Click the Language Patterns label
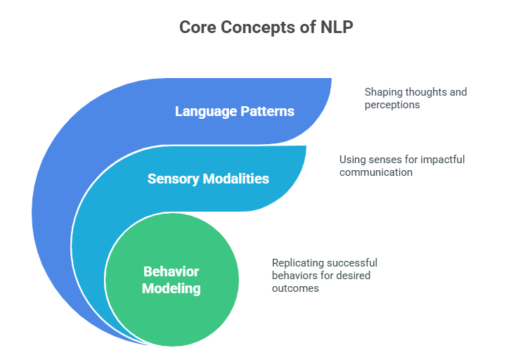(x=235, y=111)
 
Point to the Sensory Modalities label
(x=208, y=179)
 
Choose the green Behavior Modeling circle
(x=171, y=279)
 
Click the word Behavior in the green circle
(x=171, y=271)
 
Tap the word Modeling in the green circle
(x=171, y=288)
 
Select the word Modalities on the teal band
(x=235, y=179)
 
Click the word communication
(x=376, y=172)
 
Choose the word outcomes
(x=296, y=288)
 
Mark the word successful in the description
(x=352, y=263)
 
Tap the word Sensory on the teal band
(x=173, y=179)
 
